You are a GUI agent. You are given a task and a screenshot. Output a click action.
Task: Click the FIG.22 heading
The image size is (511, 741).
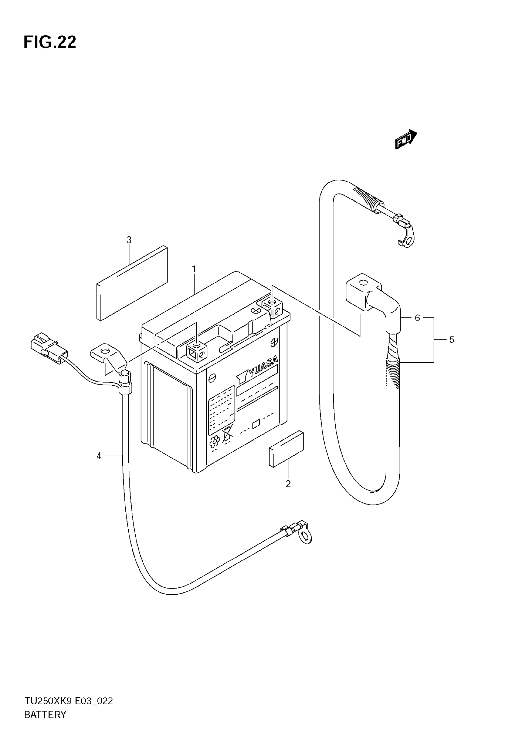(50, 42)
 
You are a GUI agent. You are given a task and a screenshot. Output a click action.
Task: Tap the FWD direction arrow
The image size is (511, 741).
(405, 140)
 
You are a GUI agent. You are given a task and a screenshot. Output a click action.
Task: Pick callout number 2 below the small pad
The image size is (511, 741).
(288, 484)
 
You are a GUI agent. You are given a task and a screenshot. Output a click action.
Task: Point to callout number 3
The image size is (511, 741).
(129, 240)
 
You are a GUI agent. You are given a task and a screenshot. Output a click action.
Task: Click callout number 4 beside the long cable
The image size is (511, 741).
(99, 456)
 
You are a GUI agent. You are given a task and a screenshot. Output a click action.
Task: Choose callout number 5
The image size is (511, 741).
(451, 339)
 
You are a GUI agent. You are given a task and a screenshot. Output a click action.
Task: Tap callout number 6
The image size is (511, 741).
(417, 318)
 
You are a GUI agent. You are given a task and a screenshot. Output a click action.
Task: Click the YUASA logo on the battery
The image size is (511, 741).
(259, 370)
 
